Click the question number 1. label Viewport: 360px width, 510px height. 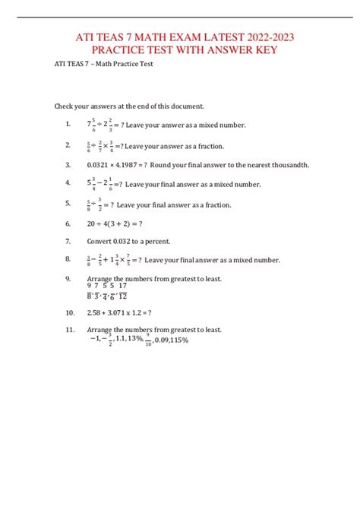click(x=68, y=124)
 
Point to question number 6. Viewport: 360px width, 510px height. click(x=68, y=223)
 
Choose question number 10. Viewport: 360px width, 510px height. click(x=70, y=312)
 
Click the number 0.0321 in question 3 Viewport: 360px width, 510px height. click(x=99, y=165)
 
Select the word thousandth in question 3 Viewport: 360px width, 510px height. click(x=290, y=165)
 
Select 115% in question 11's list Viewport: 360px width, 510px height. click(x=178, y=341)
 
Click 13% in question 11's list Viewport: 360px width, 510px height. click(x=137, y=341)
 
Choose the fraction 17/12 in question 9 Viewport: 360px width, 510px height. click(x=122, y=291)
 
